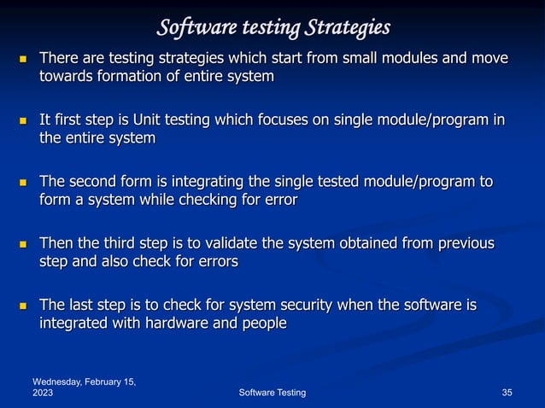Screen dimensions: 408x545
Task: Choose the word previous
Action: click(460, 243)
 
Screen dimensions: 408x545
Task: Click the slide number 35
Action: click(507, 392)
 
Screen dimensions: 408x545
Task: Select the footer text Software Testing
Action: click(271, 392)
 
